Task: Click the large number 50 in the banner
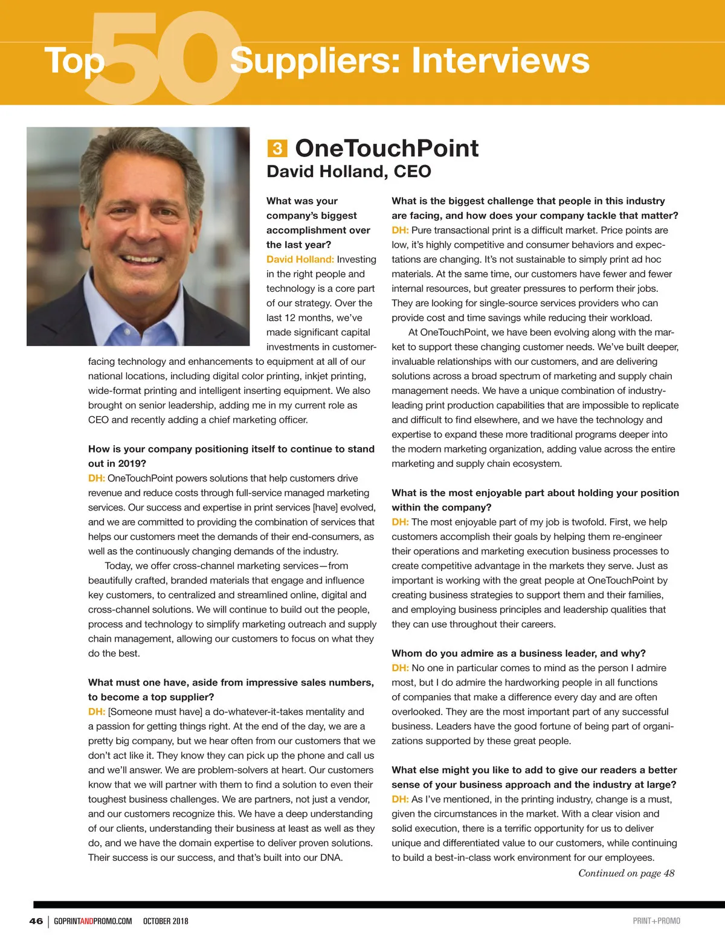tap(163, 57)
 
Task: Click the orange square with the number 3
tap(277, 149)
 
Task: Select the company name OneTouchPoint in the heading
tap(387, 148)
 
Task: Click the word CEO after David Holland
tap(412, 172)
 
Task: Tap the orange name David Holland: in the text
tap(300, 259)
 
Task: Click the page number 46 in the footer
tap(36, 921)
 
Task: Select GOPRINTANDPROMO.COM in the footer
tap(92, 921)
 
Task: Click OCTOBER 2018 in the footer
tap(166, 921)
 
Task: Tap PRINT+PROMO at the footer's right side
tap(656, 921)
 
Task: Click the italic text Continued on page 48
tap(626, 873)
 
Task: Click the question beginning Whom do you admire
tap(518, 653)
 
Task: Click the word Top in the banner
tap(74, 60)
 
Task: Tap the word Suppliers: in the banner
tap(315, 60)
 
